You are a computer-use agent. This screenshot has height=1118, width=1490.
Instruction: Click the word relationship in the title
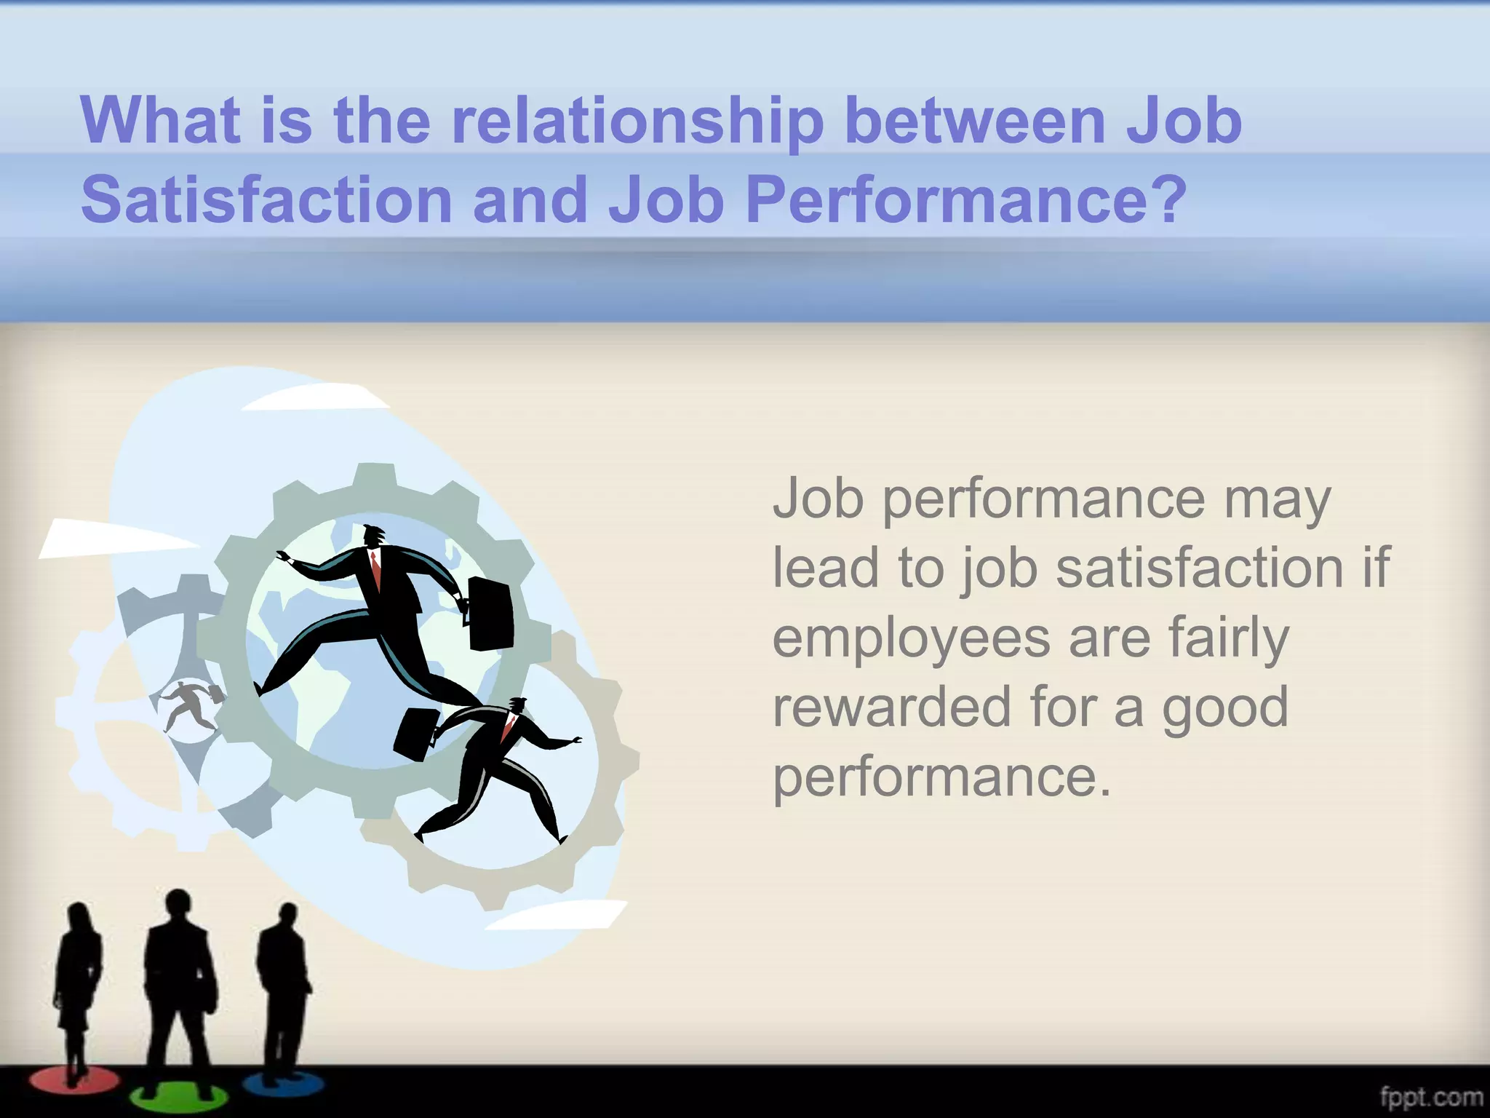[637, 122]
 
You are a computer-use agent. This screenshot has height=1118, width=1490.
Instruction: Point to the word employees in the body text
[911, 639]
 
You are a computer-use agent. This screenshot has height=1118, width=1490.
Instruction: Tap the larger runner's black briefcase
[491, 614]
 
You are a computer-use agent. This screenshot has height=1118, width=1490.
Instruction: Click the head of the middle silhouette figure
[178, 905]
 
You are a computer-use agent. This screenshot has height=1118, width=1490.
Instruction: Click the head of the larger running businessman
[374, 536]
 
